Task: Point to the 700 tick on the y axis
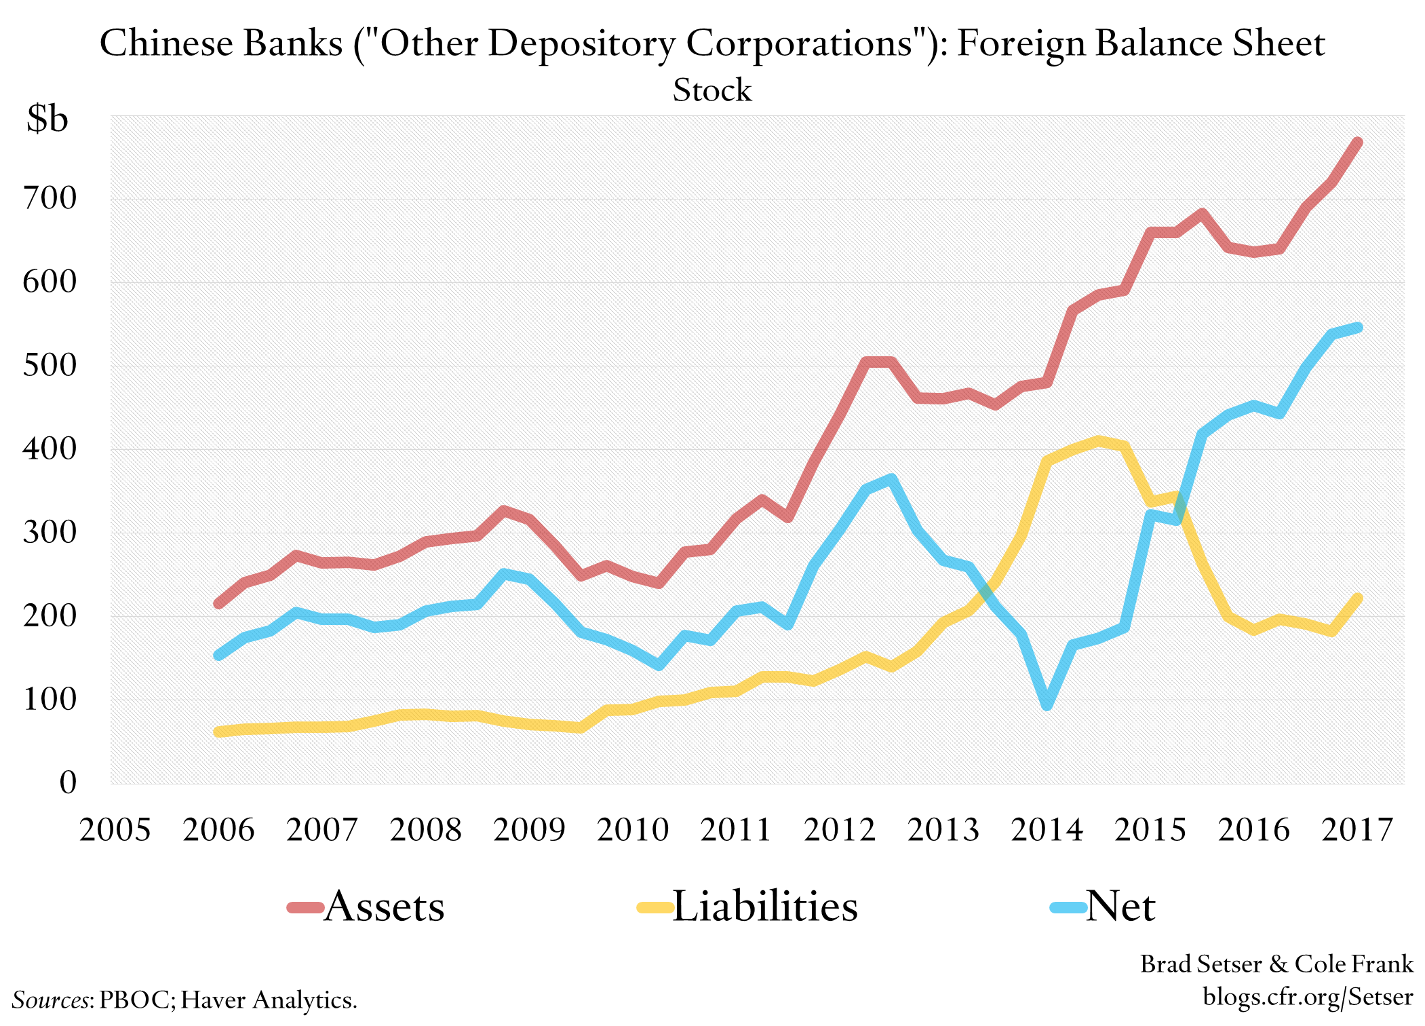pyautogui.click(x=50, y=199)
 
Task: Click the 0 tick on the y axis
pyautogui.click(x=68, y=783)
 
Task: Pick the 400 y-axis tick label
pyautogui.click(x=50, y=449)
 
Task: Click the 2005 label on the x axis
pyautogui.click(x=115, y=830)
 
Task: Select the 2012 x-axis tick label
pyautogui.click(x=840, y=830)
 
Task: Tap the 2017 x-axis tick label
pyautogui.click(x=1357, y=830)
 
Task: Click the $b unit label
pyautogui.click(x=47, y=119)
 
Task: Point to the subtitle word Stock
pyautogui.click(x=712, y=90)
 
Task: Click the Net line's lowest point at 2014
pyautogui.click(x=1047, y=706)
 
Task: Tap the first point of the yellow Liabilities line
pyautogui.click(x=218, y=731)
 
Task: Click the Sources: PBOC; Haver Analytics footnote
pyautogui.click(x=184, y=1000)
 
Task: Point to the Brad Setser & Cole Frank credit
pyautogui.click(x=1276, y=964)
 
